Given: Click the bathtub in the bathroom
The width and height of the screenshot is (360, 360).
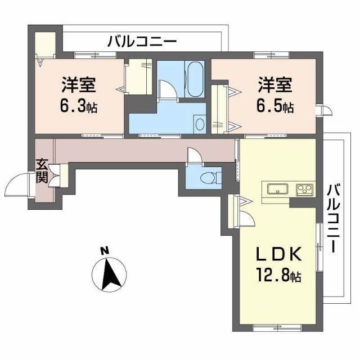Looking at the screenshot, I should (x=195, y=81).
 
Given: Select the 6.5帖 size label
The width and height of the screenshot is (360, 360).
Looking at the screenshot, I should (x=276, y=106).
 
